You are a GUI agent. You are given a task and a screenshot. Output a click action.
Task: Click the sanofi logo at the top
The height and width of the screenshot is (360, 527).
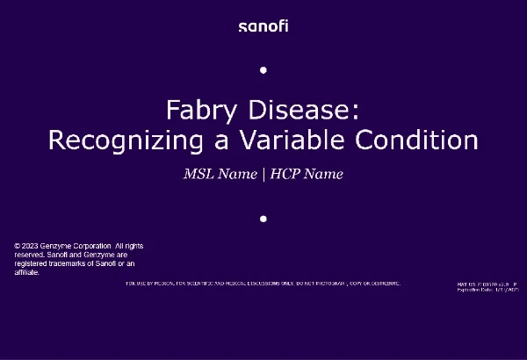pyautogui.click(x=263, y=25)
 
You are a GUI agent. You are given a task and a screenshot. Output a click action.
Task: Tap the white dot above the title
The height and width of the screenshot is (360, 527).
pyautogui.click(x=263, y=69)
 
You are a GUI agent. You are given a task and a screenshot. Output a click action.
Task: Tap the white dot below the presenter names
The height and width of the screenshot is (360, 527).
pyautogui.click(x=263, y=219)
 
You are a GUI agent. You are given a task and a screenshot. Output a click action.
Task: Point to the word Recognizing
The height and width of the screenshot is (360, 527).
pyautogui.click(x=120, y=140)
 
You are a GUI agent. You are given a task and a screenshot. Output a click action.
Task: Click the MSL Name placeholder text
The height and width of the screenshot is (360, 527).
pyautogui.click(x=219, y=174)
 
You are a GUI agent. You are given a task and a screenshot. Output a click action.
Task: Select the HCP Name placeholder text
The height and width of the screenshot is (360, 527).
pyautogui.click(x=307, y=174)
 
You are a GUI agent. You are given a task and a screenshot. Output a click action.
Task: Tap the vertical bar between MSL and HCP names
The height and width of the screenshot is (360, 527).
pyautogui.click(x=263, y=174)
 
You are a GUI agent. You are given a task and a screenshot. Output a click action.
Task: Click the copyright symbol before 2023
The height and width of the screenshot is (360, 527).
pyautogui.click(x=18, y=246)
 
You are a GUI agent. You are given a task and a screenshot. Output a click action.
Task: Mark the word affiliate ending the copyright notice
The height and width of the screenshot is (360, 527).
pyautogui.click(x=27, y=272)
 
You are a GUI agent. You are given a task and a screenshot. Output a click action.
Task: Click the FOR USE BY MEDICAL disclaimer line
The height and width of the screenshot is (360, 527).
pyautogui.click(x=263, y=284)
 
